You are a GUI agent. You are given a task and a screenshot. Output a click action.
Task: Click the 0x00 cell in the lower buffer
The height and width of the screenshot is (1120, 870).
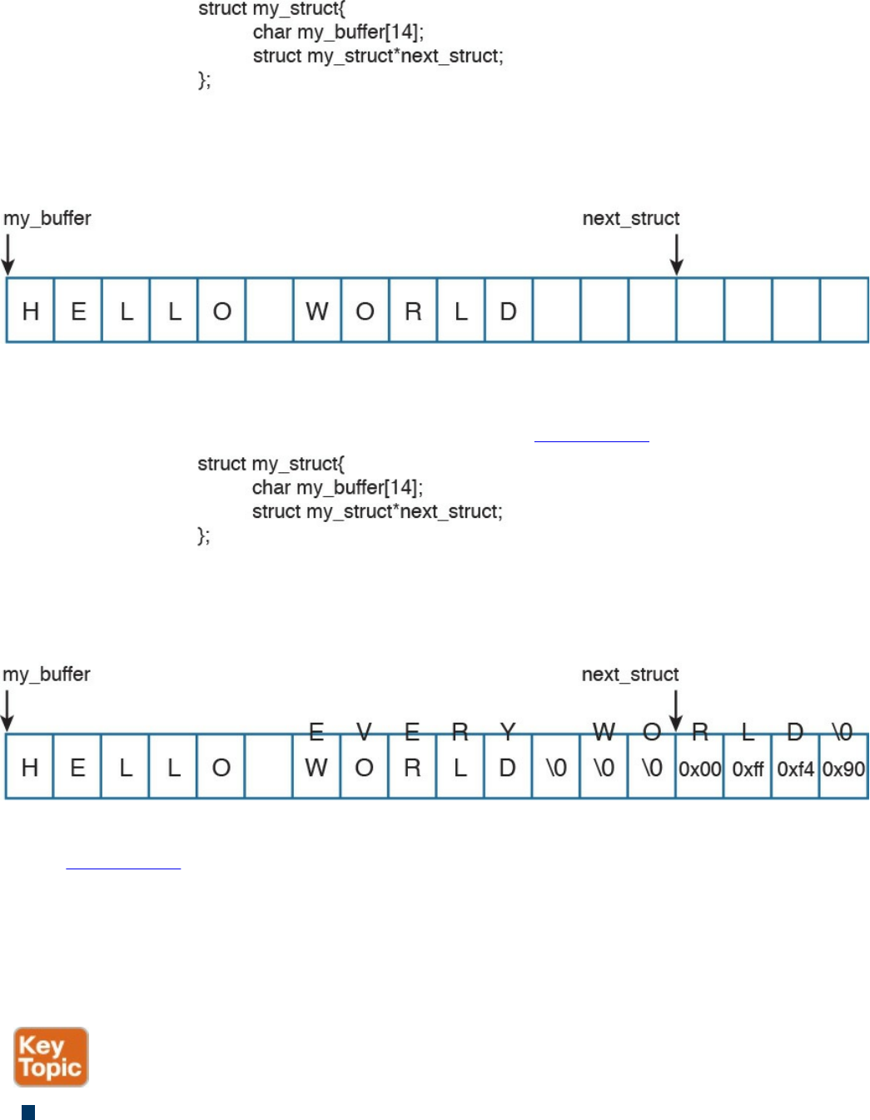point(699,769)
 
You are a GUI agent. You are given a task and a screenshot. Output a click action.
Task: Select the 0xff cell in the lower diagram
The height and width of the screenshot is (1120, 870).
point(748,769)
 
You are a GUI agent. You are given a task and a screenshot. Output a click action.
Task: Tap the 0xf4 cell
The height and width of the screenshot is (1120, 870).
point(795,769)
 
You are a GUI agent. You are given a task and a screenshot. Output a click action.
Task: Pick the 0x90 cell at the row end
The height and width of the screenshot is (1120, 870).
point(843,769)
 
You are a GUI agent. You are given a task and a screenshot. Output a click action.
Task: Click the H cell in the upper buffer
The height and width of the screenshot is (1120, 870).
point(31,311)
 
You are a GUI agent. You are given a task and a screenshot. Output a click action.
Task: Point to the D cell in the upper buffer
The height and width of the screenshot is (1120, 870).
point(508,311)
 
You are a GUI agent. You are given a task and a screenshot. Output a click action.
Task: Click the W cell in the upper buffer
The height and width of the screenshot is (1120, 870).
point(317,311)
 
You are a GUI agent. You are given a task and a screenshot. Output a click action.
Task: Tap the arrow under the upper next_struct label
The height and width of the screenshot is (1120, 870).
point(677,254)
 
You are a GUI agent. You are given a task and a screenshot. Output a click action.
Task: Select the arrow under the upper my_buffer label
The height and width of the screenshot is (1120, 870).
point(8,254)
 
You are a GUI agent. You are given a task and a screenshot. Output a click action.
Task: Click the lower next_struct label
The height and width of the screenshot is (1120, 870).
point(630,674)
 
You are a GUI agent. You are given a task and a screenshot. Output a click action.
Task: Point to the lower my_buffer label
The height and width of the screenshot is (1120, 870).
point(47,674)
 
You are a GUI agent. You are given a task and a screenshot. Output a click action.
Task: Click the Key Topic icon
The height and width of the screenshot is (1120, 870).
point(51,1057)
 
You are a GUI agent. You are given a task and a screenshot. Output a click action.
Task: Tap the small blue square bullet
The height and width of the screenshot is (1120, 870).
point(28,1112)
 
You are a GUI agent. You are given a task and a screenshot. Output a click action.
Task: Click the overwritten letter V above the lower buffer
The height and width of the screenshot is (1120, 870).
point(364,731)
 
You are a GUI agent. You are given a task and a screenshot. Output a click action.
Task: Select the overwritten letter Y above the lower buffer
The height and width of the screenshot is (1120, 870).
point(507,731)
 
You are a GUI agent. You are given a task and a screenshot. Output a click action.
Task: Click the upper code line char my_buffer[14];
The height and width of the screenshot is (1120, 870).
point(338,32)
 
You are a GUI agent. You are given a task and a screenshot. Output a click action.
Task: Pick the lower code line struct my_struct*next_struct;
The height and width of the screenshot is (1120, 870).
point(377,511)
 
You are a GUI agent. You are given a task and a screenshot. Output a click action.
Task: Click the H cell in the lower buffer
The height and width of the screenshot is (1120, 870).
point(30,768)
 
